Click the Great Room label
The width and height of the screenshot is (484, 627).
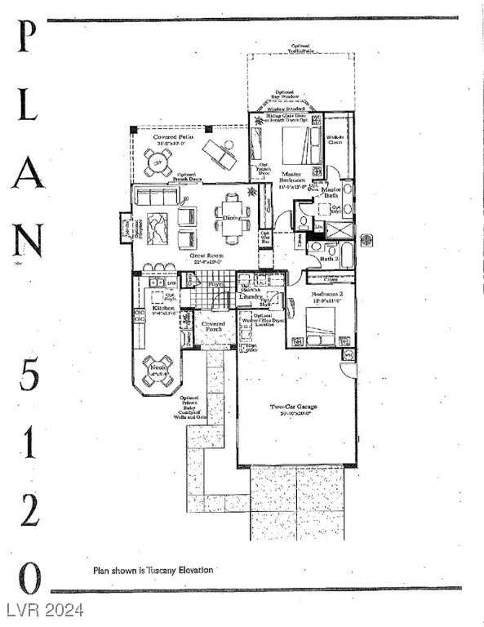tap(207, 257)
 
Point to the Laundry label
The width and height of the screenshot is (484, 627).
tap(251, 298)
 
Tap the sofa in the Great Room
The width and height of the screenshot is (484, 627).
tap(158, 196)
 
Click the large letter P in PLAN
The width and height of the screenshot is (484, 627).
tap(26, 38)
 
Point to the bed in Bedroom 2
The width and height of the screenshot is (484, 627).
tap(321, 325)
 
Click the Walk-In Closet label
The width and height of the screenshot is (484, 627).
tap(335, 140)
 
